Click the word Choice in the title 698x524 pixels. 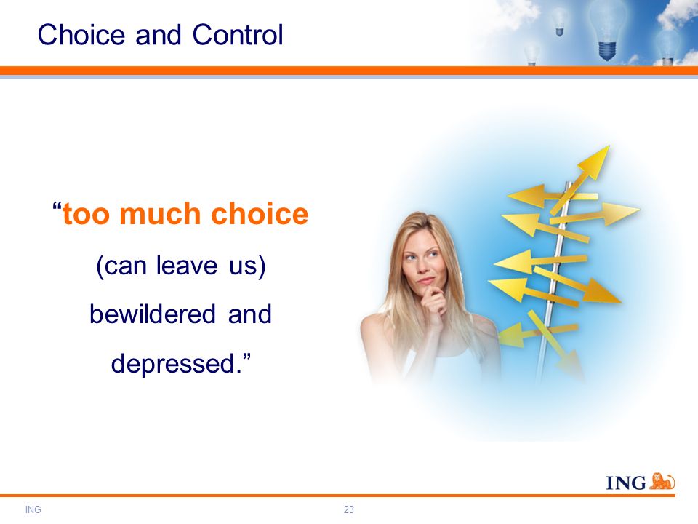point(81,34)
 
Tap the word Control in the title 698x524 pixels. point(238,34)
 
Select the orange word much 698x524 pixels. point(160,213)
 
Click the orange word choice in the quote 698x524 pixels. point(260,213)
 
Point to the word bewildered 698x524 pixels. point(153,314)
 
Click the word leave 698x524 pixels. point(187,266)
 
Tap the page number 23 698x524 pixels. point(348,509)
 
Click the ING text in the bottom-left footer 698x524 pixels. point(33,509)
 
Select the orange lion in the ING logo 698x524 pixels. point(662,481)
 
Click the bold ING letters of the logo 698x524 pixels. point(626,483)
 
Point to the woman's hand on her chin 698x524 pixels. point(433,301)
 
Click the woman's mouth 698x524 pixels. point(426,280)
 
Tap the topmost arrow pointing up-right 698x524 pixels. point(580,180)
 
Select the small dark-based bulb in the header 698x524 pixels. point(559,23)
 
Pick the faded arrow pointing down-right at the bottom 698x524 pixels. point(556,345)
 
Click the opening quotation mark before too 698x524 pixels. point(57,207)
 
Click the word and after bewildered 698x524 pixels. point(249,314)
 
